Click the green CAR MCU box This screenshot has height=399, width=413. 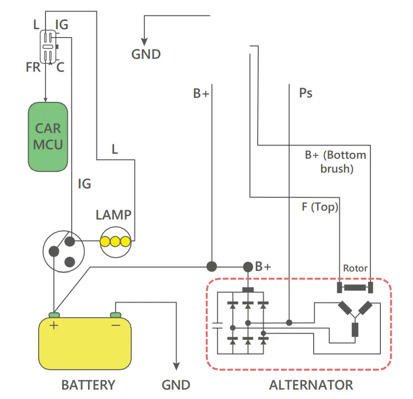tap(47, 136)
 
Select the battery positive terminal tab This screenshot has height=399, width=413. tap(54, 315)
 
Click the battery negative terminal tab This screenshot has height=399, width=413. tap(115, 315)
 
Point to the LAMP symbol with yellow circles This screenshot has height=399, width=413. tap(115, 241)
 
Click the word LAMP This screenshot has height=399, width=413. tap(114, 215)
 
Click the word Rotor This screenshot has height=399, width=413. tap(355, 268)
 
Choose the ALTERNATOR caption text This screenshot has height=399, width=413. tap(311, 385)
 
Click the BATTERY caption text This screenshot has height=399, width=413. tap(88, 385)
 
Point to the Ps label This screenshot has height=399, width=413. tap(306, 92)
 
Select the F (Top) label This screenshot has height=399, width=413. tap(320, 207)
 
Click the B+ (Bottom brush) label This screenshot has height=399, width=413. tap(336, 162)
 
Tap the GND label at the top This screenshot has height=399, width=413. tap(146, 54)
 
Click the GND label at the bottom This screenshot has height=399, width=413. tap(176, 385)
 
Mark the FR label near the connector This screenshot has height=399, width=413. tap(33, 67)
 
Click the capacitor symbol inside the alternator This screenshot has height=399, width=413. tap(217, 326)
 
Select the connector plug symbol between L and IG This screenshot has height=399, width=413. tap(49, 47)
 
